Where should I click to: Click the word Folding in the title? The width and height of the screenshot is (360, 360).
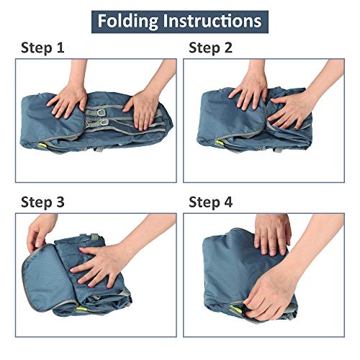click(x=127, y=22)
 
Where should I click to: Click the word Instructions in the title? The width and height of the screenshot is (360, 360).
click(x=212, y=21)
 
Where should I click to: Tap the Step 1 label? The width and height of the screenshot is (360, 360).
click(x=42, y=48)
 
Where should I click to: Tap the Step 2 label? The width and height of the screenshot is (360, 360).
click(x=210, y=48)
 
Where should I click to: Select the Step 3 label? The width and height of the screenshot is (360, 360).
click(x=42, y=202)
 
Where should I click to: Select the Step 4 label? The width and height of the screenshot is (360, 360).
click(x=210, y=202)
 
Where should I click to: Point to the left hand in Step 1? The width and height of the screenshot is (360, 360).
click(x=68, y=99)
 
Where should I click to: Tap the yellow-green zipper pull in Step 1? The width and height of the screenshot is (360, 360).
click(x=42, y=145)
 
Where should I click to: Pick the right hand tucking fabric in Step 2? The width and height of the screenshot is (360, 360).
click(x=293, y=110)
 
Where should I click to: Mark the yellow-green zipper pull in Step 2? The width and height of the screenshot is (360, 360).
click(x=219, y=143)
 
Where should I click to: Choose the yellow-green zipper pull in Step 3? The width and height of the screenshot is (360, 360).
click(x=81, y=309)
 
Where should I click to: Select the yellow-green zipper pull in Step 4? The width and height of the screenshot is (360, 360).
click(x=235, y=307)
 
